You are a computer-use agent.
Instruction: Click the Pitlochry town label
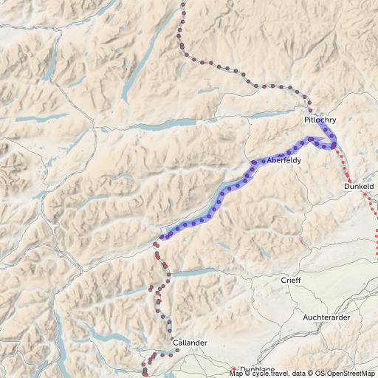click(319, 119)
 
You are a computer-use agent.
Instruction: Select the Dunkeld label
click(360, 188)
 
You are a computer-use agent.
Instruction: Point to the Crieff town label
click(291, 281)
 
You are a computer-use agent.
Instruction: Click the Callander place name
click(189, 343)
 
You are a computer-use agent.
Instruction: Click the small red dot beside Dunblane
click(234, 368)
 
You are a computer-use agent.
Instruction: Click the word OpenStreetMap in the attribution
click(350, 374)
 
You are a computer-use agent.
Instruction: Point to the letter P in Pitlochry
click(306, 119)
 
